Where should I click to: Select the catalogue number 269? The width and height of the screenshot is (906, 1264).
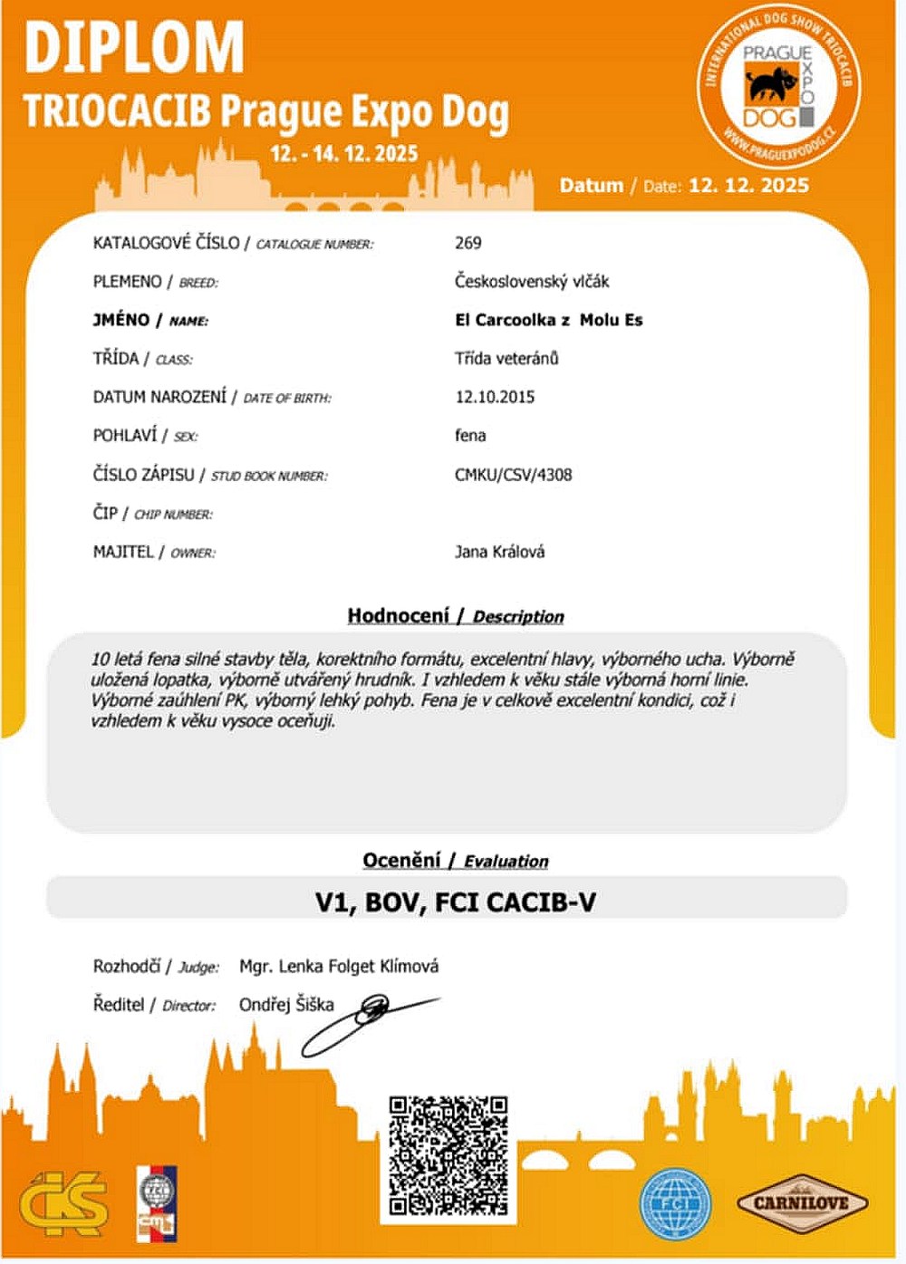(x=467, y=243)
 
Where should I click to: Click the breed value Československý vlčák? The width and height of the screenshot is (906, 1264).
(x=531, y=282)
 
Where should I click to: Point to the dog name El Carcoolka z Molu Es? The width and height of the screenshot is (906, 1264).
(x=548, y=320)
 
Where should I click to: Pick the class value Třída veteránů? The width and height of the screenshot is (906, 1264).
(x=506, y=359)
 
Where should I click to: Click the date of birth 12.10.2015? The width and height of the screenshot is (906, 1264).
(x=494, y=397)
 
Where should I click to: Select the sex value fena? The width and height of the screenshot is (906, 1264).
(x=469, y=436)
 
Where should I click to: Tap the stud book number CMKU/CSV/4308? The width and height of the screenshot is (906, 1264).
(x=513, y=475)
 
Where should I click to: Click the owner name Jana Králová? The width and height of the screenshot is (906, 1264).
(x=499, y=552)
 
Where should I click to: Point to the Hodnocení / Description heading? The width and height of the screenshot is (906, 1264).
(x=455, y=616)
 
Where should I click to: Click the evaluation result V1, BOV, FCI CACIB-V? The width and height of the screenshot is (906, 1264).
(x=455, y=902)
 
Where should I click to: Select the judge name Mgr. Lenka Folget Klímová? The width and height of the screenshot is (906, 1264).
(x=339, y=967)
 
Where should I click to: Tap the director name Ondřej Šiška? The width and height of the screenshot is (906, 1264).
(x=286, y=1005)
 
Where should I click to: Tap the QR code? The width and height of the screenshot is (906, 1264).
(x=448, y=1155)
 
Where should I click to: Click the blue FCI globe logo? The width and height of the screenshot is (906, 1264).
(x=675, y=1204)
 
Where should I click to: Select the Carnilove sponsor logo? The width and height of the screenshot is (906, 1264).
(x=801, y=1203)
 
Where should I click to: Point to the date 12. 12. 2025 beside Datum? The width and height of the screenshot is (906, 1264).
(x=748, y=186)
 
